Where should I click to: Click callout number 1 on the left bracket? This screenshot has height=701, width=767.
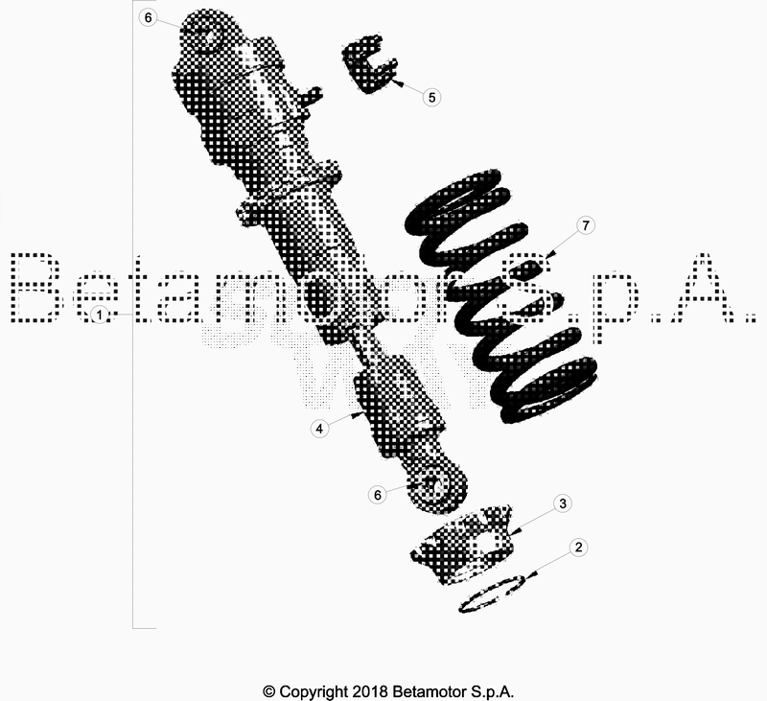(x=98, y=315)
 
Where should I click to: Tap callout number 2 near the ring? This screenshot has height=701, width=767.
(x=577, y=549)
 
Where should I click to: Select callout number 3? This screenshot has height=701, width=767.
(x=564, y=503)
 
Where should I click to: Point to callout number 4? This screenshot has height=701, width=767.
(x=320, y=429)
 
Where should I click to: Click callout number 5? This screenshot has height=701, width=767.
(x=431, y=97)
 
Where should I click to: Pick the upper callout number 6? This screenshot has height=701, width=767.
(x=147, y=17)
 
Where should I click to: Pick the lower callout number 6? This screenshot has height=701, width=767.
(x=378, y=494)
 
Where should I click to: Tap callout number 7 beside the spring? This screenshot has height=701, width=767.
(x=587, y=225)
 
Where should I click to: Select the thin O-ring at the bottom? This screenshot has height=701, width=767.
(x=491, y=594)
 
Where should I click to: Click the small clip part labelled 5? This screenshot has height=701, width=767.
(x=370, y=66)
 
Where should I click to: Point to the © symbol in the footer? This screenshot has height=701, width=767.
(x=268, y=690)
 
